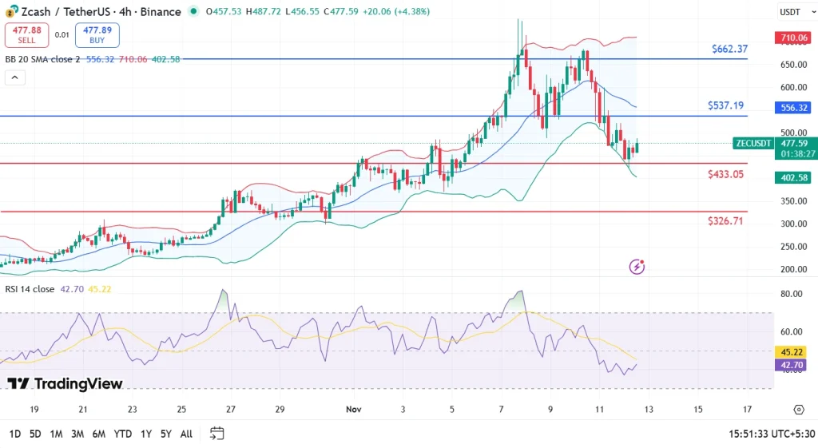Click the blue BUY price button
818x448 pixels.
97,34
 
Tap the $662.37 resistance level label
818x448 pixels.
729,49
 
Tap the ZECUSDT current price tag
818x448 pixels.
752,144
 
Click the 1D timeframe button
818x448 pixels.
14,434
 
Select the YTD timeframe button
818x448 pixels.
123,434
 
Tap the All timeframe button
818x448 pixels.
186,434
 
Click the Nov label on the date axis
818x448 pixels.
354,409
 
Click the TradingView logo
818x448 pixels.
65,384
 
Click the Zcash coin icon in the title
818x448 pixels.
11,11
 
